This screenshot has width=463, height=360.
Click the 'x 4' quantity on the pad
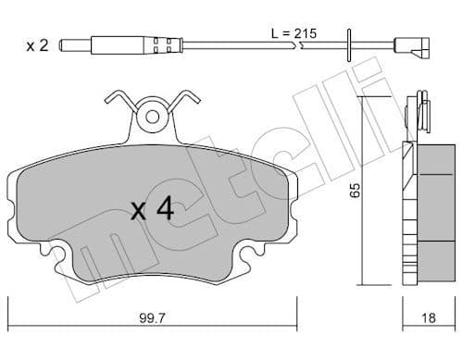coord(152,209)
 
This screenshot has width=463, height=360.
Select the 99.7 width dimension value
coord(155,319)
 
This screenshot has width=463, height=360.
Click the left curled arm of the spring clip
coord(116,99)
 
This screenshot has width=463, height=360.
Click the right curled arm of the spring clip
coord(187,99)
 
